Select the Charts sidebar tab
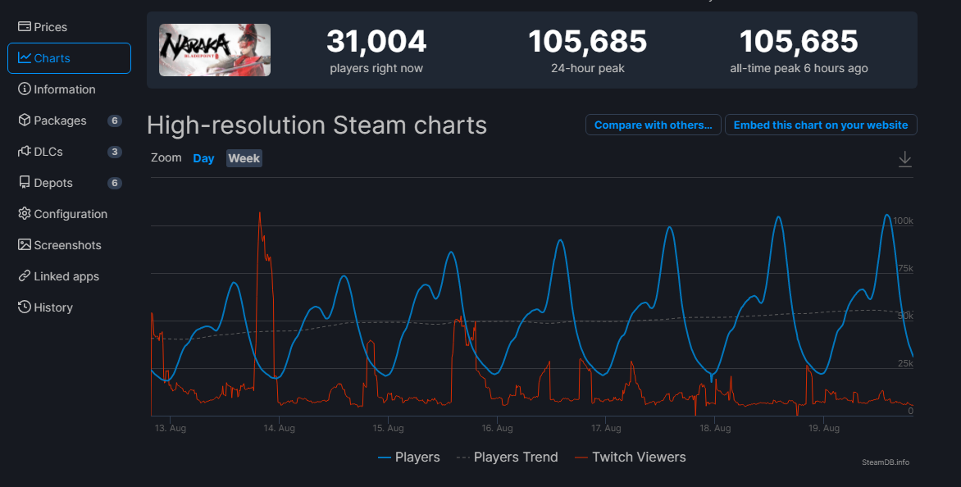(52, 58)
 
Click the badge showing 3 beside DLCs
(115, 152)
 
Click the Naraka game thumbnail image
(215, 50)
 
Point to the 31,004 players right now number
(376, 41)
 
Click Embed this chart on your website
(821, 125)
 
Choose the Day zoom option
(203, 158)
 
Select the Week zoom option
(244, 158)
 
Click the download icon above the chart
(905, 159)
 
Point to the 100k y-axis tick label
(903, 221)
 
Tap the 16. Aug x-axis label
(497, 428)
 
